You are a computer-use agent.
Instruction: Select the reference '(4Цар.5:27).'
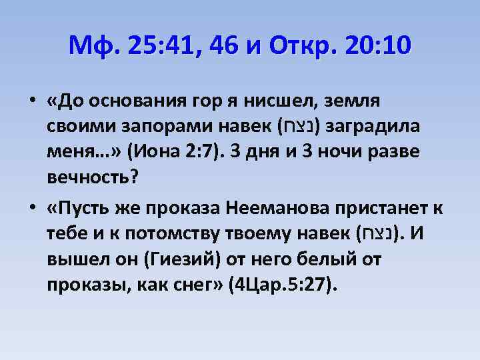coord(283,285)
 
